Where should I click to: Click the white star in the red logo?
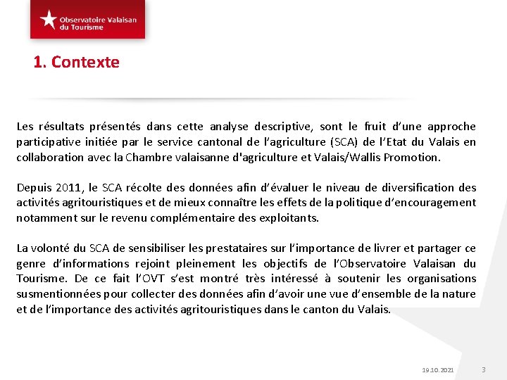coord(49,19)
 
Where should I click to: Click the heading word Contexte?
coord(85,62)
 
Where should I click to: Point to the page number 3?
coord(484,369)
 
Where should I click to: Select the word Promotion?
coord(412,158)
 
